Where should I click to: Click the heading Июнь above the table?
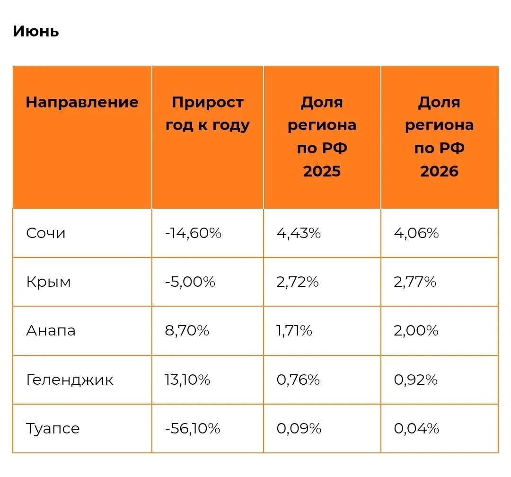(36, 32)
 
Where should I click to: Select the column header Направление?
(82, 103)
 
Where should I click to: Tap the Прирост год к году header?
(208, 114)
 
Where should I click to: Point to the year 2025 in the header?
(322, 171)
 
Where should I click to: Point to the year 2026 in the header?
(439, 171)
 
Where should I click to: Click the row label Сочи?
(45, 233)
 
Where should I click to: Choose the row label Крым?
(48, 282)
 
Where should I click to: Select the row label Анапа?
(51, 331)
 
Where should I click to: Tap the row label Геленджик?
(70, 380)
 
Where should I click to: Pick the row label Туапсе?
(53, 429)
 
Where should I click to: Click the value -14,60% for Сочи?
(193, 233)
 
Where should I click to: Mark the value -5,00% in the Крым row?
(190, 282)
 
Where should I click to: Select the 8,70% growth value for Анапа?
(187, 331)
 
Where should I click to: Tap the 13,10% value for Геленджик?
(187, 380)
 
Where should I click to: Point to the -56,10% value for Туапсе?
(193, 429)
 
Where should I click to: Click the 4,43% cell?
(299, 233)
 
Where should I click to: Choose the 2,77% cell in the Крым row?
(415, 282)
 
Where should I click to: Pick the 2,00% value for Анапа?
(416, 331)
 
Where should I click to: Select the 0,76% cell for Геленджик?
(298, 380)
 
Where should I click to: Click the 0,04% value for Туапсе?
(416, 429)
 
